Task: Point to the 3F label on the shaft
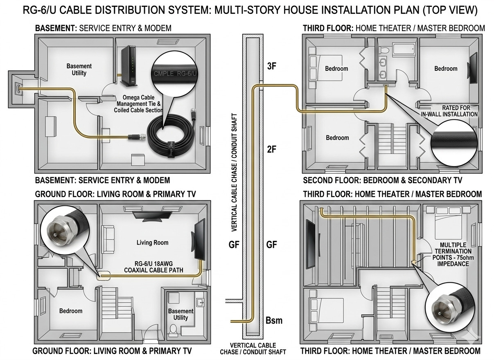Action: click(x=271, y=67)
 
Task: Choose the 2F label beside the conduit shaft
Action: click(x=271, y=149)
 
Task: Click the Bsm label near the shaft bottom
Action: click(x=274, y=320)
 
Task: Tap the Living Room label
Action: click(x=152, y=243)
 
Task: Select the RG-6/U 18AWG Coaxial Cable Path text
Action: click(x=153, y=266)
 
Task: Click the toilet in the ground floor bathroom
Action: click(x=173, y=330)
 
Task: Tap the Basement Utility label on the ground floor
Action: click(x=180, y=314)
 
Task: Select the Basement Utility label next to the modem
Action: click(x=79, y=70)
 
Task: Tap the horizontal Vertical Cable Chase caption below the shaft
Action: click(x=253, y=349)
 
